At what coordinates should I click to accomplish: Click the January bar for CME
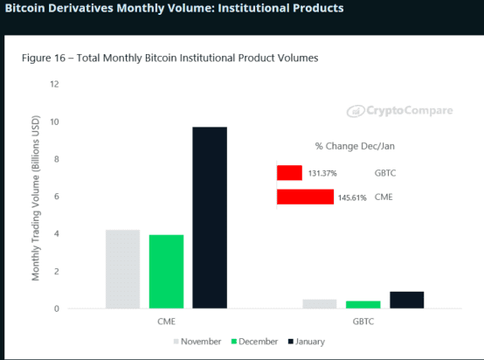click(210, 218)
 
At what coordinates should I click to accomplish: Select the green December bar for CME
click(166, 272)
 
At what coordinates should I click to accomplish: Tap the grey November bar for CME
click(123, 269)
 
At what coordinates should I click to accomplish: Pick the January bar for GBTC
click(407, 300)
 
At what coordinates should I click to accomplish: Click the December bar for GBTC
click(363, 304)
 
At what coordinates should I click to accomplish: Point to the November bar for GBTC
click(320, 304)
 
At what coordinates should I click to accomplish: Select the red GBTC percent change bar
click(289, 173)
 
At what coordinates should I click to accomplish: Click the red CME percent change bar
click(305, 197)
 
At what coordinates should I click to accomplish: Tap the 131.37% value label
click(322, 173)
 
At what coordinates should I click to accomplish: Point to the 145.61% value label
click(352, 197)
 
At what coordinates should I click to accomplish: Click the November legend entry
click(197, 342)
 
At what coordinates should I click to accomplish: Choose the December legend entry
click(254, 342)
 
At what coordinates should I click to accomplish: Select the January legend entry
click(307, 342)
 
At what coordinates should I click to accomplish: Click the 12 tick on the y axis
click(55, 84)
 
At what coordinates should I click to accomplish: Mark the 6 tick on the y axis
click(57, 197)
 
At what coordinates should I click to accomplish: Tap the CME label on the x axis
click(166, 322)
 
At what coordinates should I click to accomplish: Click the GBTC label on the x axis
click(363, 322)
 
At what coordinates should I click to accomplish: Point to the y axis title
click(36, 197)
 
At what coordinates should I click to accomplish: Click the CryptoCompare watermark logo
click(400, 110)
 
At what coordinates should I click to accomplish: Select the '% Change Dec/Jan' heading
click(355, 146)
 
